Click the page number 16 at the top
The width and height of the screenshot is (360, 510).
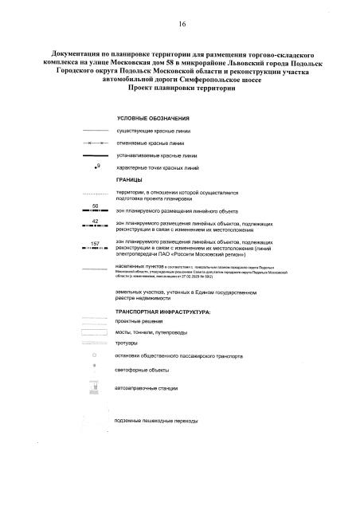pyautogui.click(x=182, y=25)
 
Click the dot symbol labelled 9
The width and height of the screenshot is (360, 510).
pyautogui.click(x=94, y=169)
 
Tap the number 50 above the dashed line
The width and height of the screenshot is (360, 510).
pyautogui.click(x=95, y=206)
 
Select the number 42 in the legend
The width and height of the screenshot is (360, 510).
pyautogui.click(x=95, y=220)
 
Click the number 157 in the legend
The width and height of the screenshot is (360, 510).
pyautogui.click(x=95, y=242)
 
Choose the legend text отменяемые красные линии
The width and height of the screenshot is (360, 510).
pyautogui.click(x=151, y=143)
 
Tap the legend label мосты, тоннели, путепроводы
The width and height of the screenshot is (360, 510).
pyautogui.click(x=157, y=331)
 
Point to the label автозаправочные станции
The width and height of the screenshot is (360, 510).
pyautogui.click(x=152, y=388)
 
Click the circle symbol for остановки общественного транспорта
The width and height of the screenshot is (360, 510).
pyautogui.click(x=95, y=355)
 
